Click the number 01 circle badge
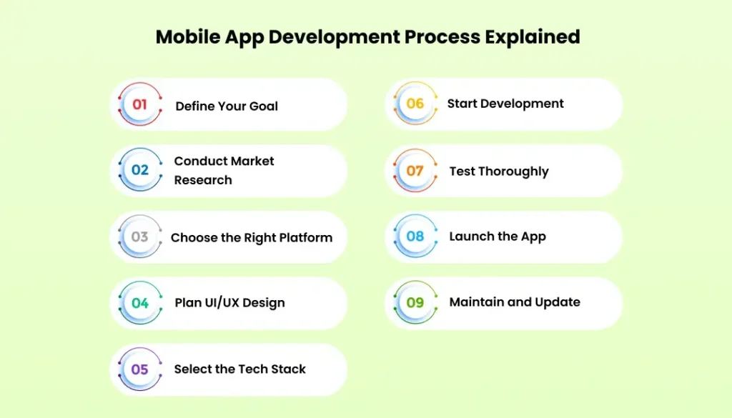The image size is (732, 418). (x=140, y=104)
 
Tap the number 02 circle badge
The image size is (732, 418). (x=140, y=170)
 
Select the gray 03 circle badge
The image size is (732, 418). (x=140, y=237)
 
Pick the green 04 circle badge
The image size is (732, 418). (x=140, y=303)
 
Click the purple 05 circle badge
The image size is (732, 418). (x=140, y=369)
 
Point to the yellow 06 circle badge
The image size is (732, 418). (x=415, y=104)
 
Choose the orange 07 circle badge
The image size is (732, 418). (x=415, y=171)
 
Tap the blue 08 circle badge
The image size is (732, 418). (x=415, y=237)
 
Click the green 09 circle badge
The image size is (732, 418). (x=415, y=302)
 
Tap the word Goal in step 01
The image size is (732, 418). (x=263, y=106)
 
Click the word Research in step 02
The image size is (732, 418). (x=203, y=180)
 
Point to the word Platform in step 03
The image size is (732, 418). (x=305, y=237)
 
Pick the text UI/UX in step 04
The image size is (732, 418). (x=220, y=303)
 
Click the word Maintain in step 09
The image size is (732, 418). (x=475, y=302)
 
